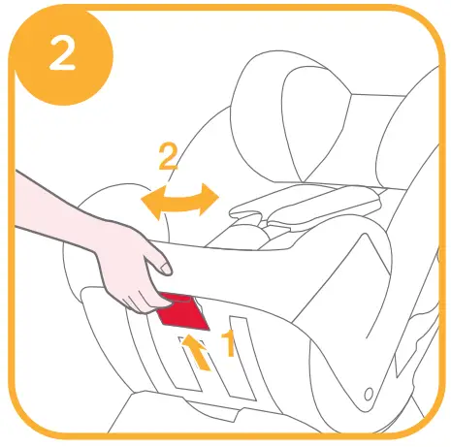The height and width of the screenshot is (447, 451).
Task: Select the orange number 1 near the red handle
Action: [230, 342]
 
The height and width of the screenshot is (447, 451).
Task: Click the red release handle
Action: [179, 310]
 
